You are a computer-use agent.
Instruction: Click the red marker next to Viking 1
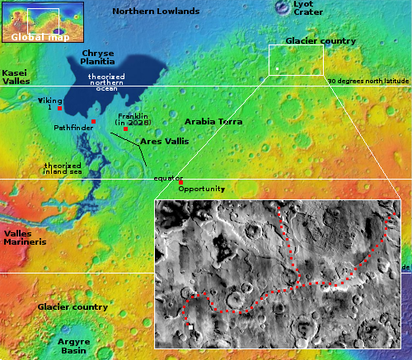point(59,109)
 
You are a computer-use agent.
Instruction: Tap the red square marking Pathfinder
point(93,122)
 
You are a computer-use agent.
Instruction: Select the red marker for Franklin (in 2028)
point(125,129)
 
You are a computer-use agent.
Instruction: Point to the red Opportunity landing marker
point(181,182)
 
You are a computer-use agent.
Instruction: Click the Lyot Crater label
point(286,8)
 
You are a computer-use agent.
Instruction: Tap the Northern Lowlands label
point(156,12)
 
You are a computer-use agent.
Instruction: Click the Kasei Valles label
point(16,77)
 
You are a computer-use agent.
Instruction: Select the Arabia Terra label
point(213,122)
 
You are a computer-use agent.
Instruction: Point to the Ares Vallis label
point(165,142)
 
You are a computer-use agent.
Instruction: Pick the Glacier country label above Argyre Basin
point(73,306)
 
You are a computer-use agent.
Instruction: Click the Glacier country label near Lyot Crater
point(320,41)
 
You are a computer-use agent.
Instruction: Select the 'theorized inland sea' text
point(63,167)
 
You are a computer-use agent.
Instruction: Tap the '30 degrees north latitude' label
point(368,82)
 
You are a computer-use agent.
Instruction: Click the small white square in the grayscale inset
point(191,327)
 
